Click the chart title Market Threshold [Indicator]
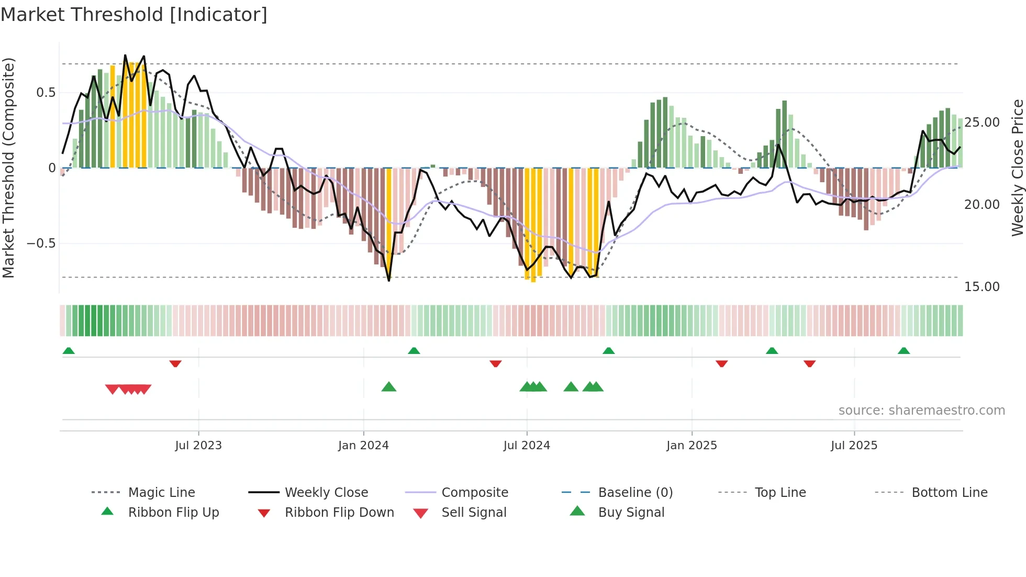click(134, 15)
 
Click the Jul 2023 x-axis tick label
click(198, 446)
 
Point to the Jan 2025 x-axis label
click(692, 446)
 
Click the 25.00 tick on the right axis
click(982, 123)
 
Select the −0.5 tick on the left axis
click(41, 243)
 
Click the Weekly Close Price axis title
click(1017, 168)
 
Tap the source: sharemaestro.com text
click(921, 410)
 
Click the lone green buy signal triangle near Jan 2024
click(389, 387)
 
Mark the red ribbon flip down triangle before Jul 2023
click(175, 363)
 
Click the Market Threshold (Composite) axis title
click(8, 168)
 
